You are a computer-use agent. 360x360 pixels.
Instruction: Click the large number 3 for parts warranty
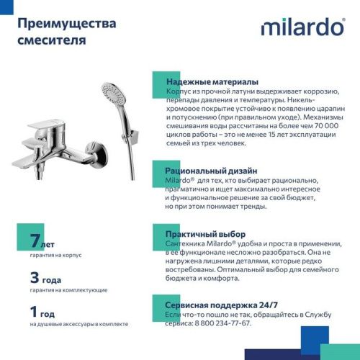[x=35, y=276]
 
